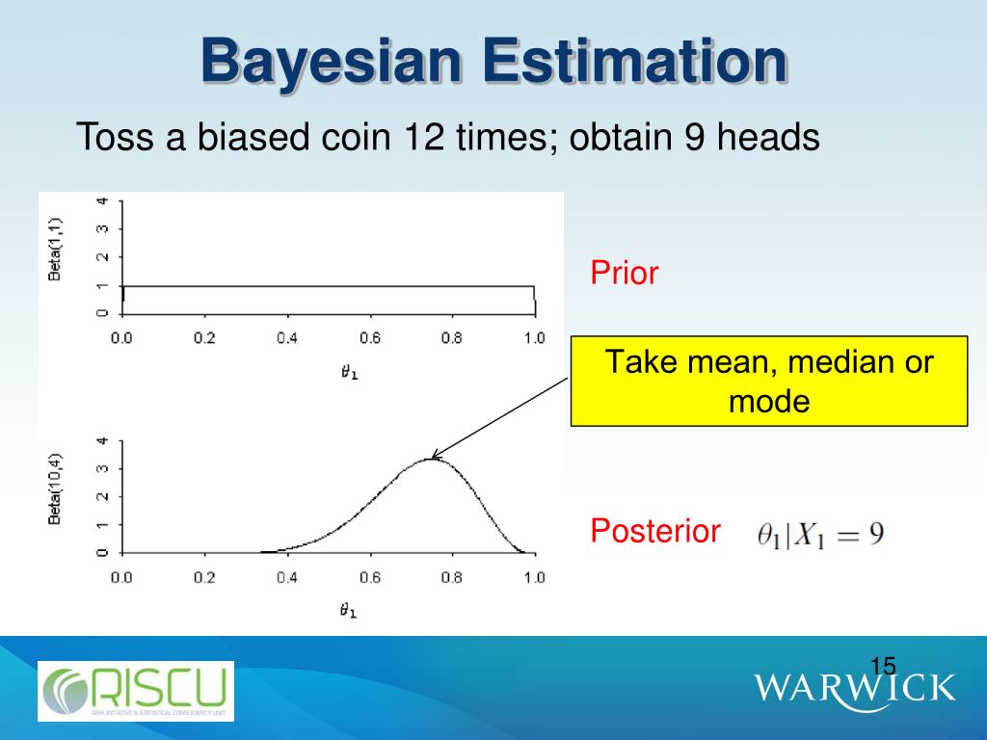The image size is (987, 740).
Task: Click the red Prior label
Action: coord(624,274)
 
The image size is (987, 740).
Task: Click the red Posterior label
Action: coord(655,531)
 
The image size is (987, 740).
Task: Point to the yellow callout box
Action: coord(768,381)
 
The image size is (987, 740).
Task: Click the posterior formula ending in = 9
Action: coord(820,534)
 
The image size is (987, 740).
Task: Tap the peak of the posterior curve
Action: coord(431,459)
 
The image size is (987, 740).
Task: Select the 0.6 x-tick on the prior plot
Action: coord(370,338)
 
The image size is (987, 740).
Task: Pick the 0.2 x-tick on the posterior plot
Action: coord(204,578)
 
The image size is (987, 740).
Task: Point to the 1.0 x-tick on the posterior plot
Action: coord(534,578)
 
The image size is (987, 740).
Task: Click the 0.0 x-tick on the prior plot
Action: coord(121,338)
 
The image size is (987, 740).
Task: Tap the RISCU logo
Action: coord(136,691)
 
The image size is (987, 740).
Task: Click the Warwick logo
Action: coord(854,688)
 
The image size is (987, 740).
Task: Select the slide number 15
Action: coord(883,666)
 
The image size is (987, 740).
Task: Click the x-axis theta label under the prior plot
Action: coord(349,372)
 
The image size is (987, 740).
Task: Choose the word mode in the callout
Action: coord(768,401)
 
